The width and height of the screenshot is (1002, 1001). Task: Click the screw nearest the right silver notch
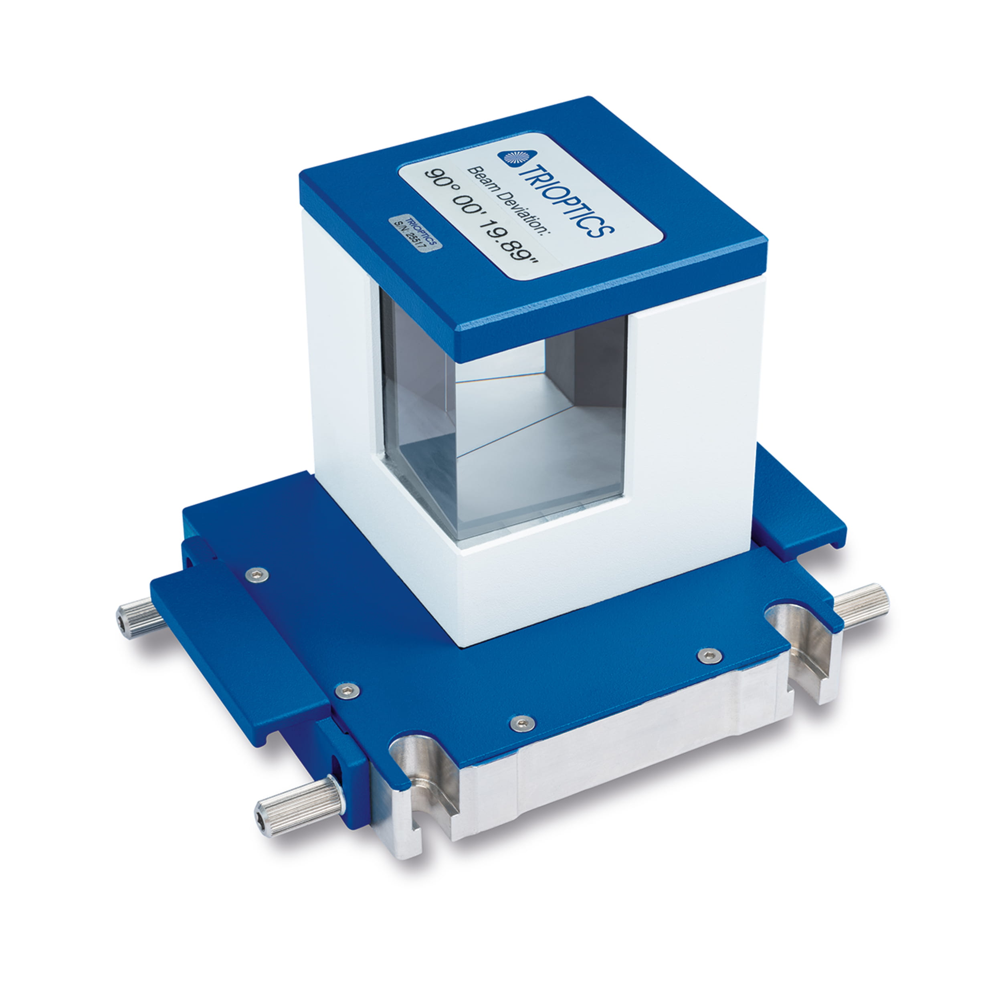(709, 656)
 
